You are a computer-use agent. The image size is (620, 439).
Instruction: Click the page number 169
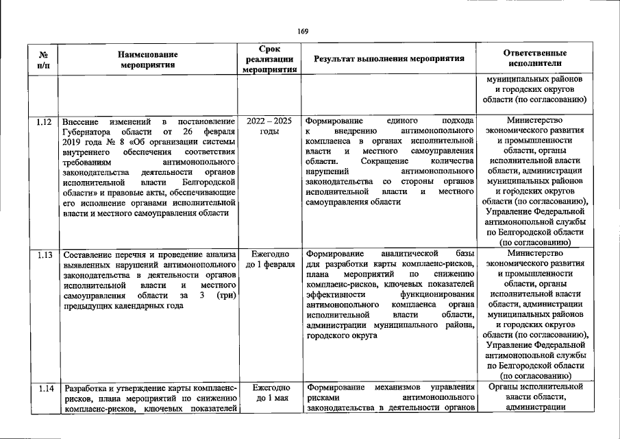tap(303, 31)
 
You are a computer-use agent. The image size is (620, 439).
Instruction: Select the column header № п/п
tap(42, 60)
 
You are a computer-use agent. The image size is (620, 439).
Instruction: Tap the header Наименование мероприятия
tap(147, 60)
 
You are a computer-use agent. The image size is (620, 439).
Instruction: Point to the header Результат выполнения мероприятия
tap(389, 60)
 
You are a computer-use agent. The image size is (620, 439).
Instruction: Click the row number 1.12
tap(43, 121)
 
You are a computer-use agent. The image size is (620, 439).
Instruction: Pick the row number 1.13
tap(43, 254)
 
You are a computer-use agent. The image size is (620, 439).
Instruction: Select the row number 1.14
tap(43, 388)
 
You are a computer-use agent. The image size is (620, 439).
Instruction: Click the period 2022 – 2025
tap(269, 121)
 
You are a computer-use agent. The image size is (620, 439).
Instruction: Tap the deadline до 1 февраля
tap(269, 264)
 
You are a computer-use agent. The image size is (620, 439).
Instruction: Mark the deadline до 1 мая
tap(269, 398)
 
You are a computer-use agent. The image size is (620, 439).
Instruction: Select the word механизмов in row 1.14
tap(398, 388)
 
